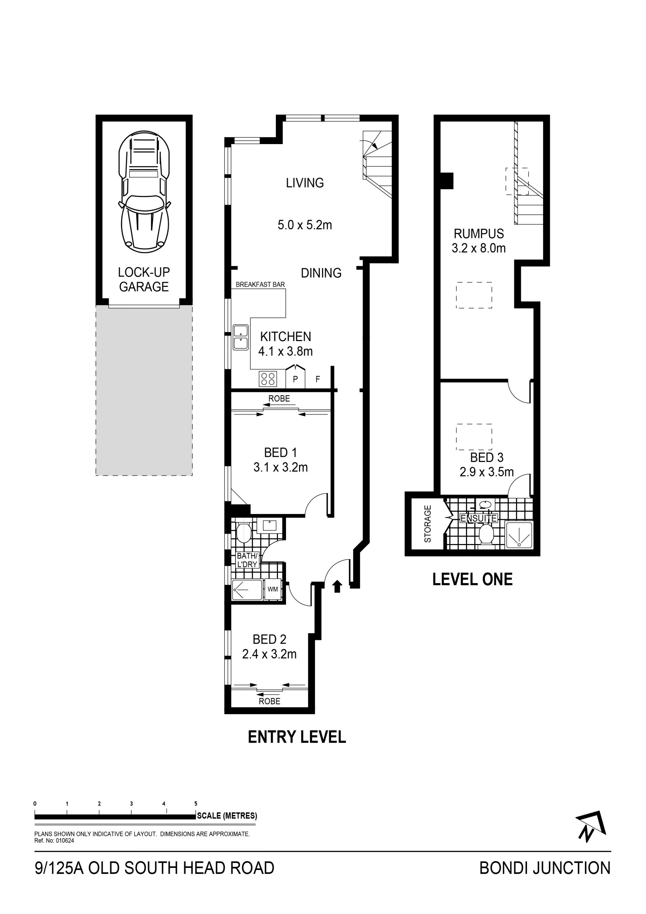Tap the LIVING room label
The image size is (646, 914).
(x=305, y=183)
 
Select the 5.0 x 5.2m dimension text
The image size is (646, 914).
(x=305, y=225)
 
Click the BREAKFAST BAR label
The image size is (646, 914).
(x=260, y=284)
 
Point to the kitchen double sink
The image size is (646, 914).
(x=241, y=338)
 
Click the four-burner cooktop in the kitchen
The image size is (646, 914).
(x=268, y=379)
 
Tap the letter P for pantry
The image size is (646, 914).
(x=295, y=379)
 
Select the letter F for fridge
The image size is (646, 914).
(x=318, y=379)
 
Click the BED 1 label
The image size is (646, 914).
(x=280, y=452)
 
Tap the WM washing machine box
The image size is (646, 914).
(x=273, y=589)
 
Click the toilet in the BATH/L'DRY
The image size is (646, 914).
(x=243, y=533)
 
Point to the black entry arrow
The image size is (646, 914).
(x=337, y=586)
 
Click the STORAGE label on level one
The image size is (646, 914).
(x=428, y=524)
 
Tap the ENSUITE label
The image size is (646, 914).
(x=478, y=518)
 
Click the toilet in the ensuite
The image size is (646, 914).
(x=486, y=534)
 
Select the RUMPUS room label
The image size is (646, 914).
(x=479, y=234)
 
